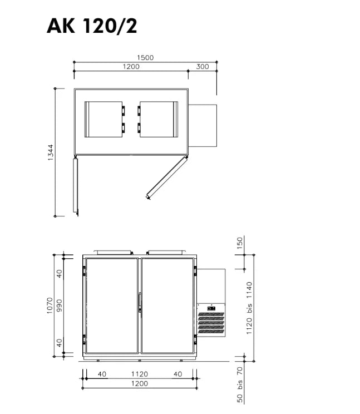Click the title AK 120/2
point(92,26)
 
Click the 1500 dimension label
point(145,57)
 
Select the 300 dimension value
point(203,67)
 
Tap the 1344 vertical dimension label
point(51,152)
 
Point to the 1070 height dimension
point(50,305)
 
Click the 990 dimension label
point(60,305)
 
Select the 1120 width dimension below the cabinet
point(140,374)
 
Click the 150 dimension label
point(240,243)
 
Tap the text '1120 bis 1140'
point(249,308)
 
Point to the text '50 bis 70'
point(240,385)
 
